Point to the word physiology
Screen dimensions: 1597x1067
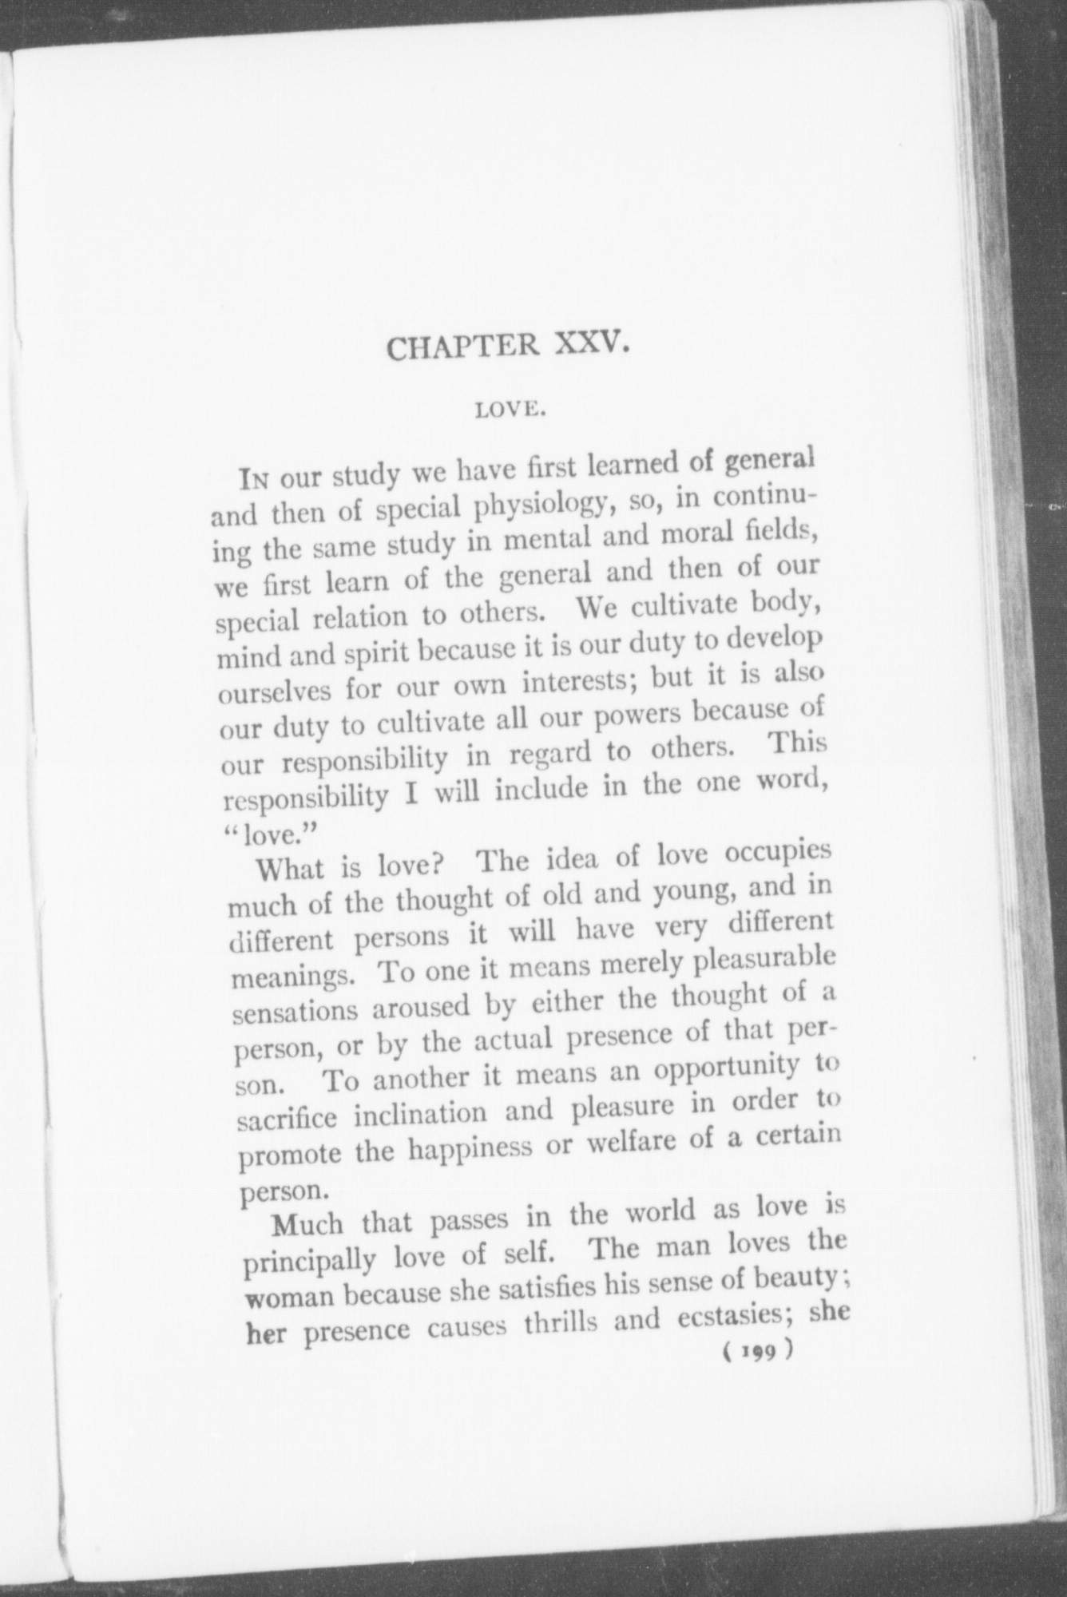click(x=521, y=508)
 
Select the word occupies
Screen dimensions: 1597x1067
click(x=775, y=858)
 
